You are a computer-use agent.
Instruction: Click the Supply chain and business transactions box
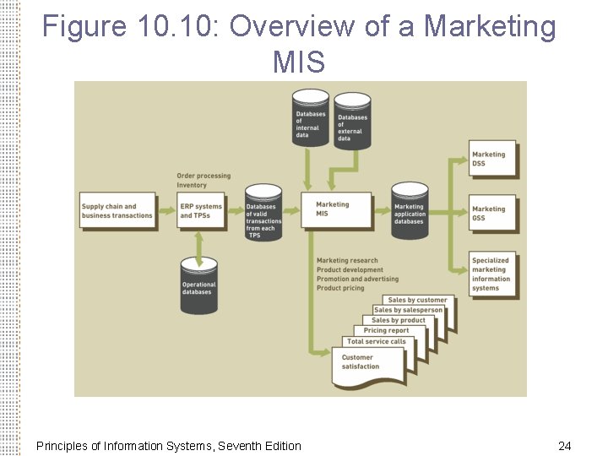(118, 211)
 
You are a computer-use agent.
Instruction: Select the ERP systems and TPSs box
(201, 211)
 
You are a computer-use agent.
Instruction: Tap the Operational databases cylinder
(199, 286)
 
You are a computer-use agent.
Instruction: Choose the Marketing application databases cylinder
(410, 211)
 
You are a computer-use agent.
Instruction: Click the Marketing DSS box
(492, 160)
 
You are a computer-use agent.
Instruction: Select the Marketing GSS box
(492, 214)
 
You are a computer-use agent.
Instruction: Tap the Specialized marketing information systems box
(492, 274)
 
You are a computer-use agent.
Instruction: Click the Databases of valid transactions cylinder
(263, 216)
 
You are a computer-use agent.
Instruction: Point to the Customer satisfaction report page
(368, 366)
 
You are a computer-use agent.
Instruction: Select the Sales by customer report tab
(417, 300)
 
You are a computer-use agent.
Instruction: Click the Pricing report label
(386, 331)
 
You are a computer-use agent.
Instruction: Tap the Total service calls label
(376, 342)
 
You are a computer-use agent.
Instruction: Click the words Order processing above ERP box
(204, 176)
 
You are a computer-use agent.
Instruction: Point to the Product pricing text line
(340, 288)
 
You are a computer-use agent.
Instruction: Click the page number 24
(565, 445)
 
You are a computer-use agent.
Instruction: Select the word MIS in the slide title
(299, 62)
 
